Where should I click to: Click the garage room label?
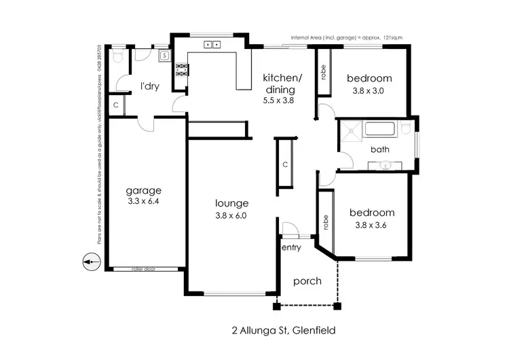click(143, 190)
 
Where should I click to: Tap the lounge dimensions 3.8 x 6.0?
click(231, 216)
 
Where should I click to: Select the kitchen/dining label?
click(278, 84)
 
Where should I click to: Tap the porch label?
click(307, 281)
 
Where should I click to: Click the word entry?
click(291, 247)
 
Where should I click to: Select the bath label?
click(379, 149)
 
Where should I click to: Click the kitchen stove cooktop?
click(182, 68)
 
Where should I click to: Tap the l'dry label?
click(150, 86)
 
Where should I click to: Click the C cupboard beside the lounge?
click(285, 165)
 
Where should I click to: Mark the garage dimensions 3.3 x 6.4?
click(143, 202)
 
